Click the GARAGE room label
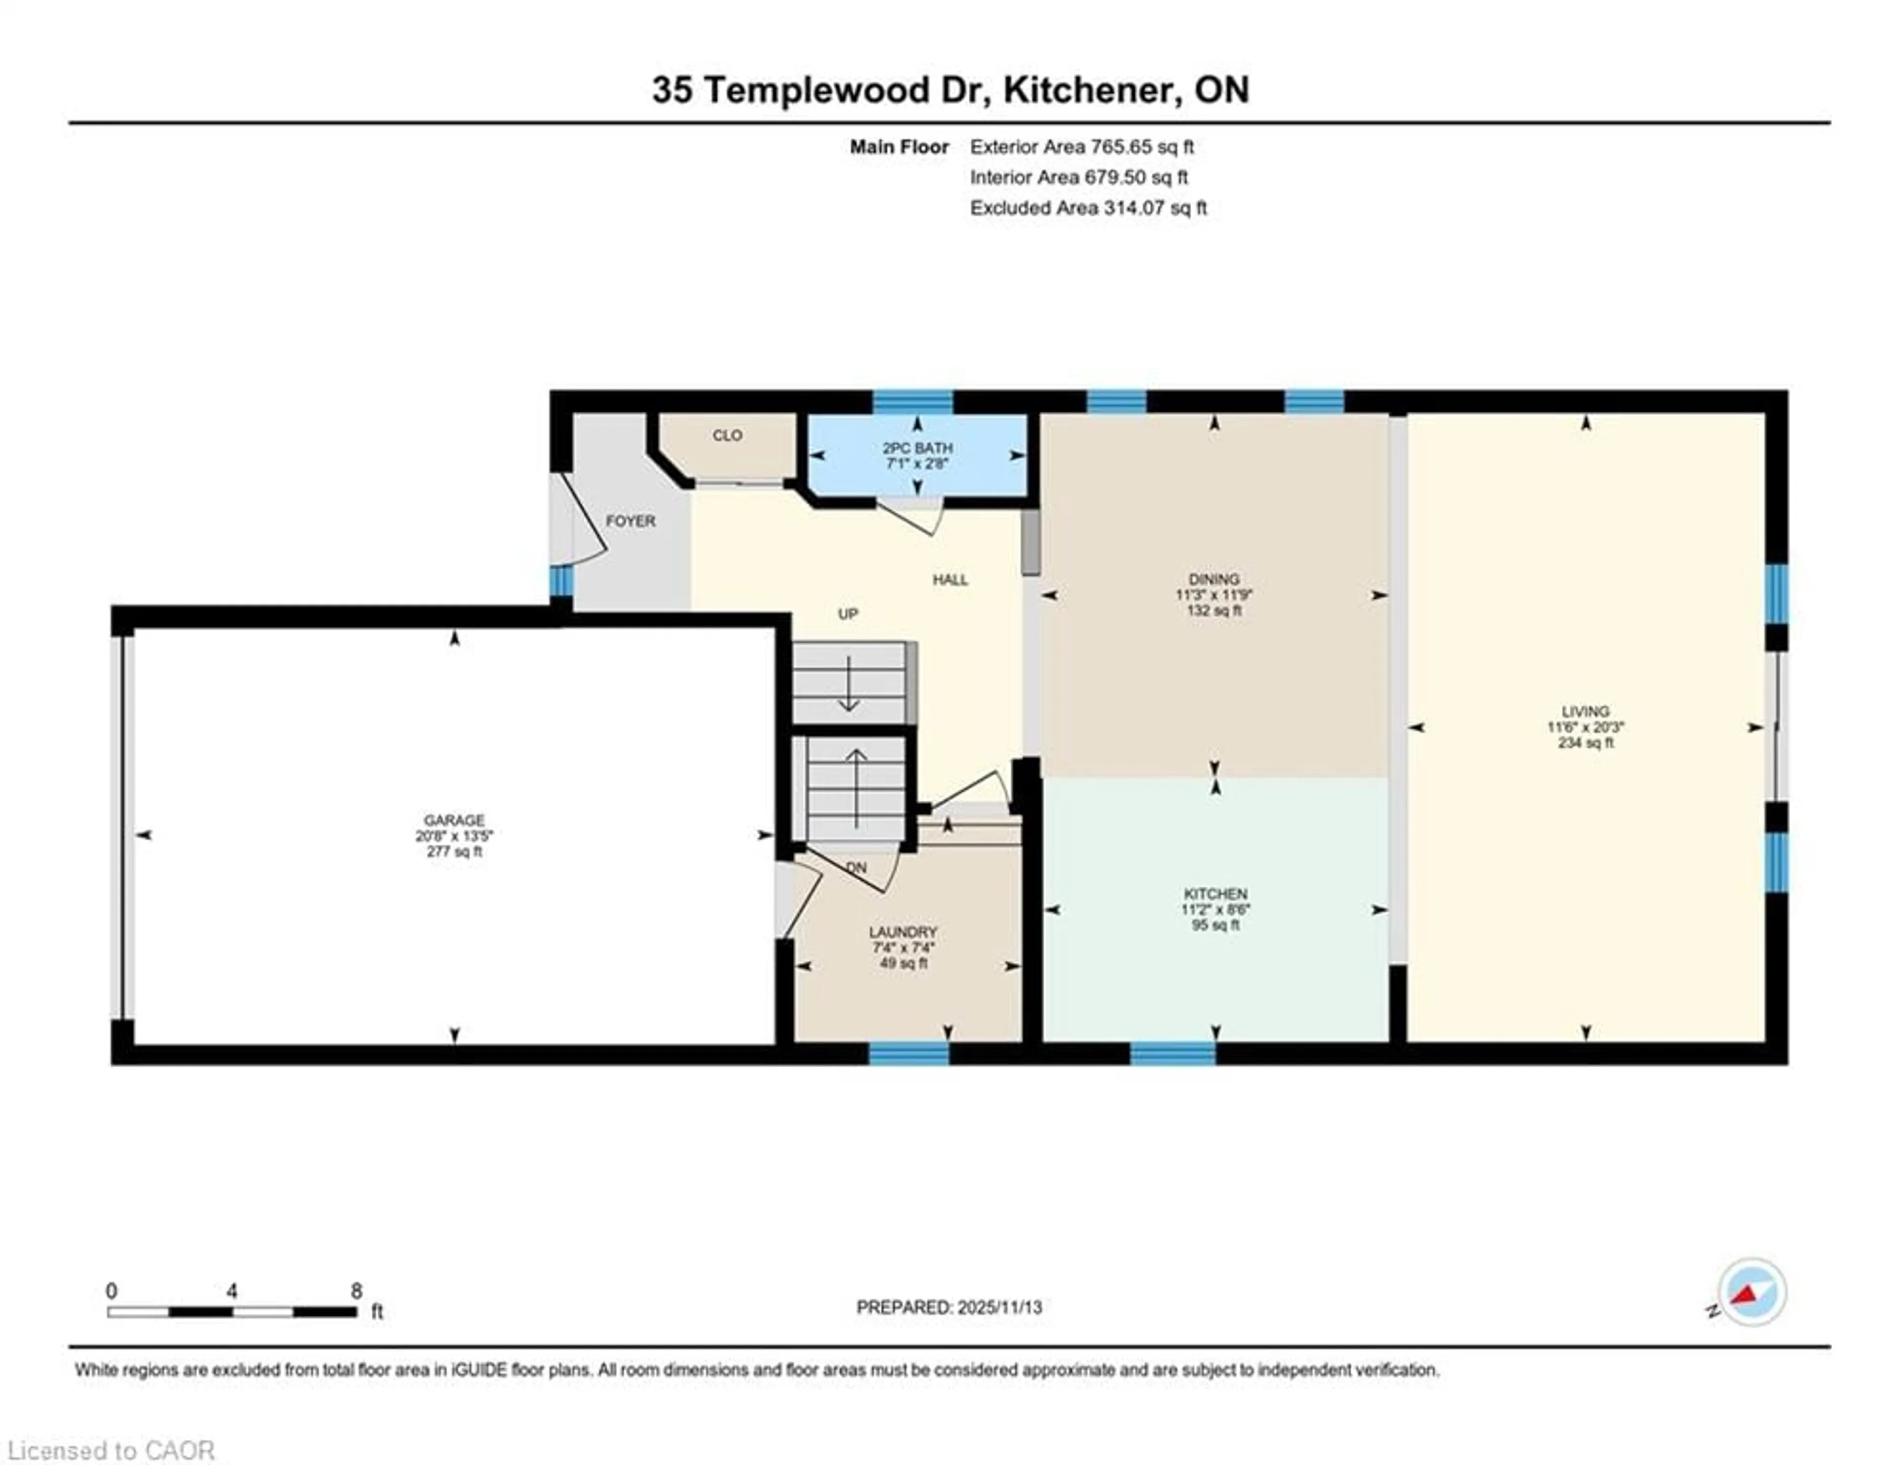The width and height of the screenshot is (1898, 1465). [x=454, y=819]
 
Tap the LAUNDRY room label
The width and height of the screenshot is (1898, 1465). [x=903, y=932]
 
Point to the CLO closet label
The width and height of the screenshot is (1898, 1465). [x=728, y=435]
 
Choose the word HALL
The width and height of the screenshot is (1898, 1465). [x=950, y=580]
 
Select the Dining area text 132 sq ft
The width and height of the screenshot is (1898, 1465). [x=1214, y=611]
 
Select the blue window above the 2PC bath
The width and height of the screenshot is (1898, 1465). [x=912, y=401]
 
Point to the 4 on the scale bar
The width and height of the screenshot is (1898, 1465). [x=231, y=1291]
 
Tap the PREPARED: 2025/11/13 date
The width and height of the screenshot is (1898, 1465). [x=949, y=1307]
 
